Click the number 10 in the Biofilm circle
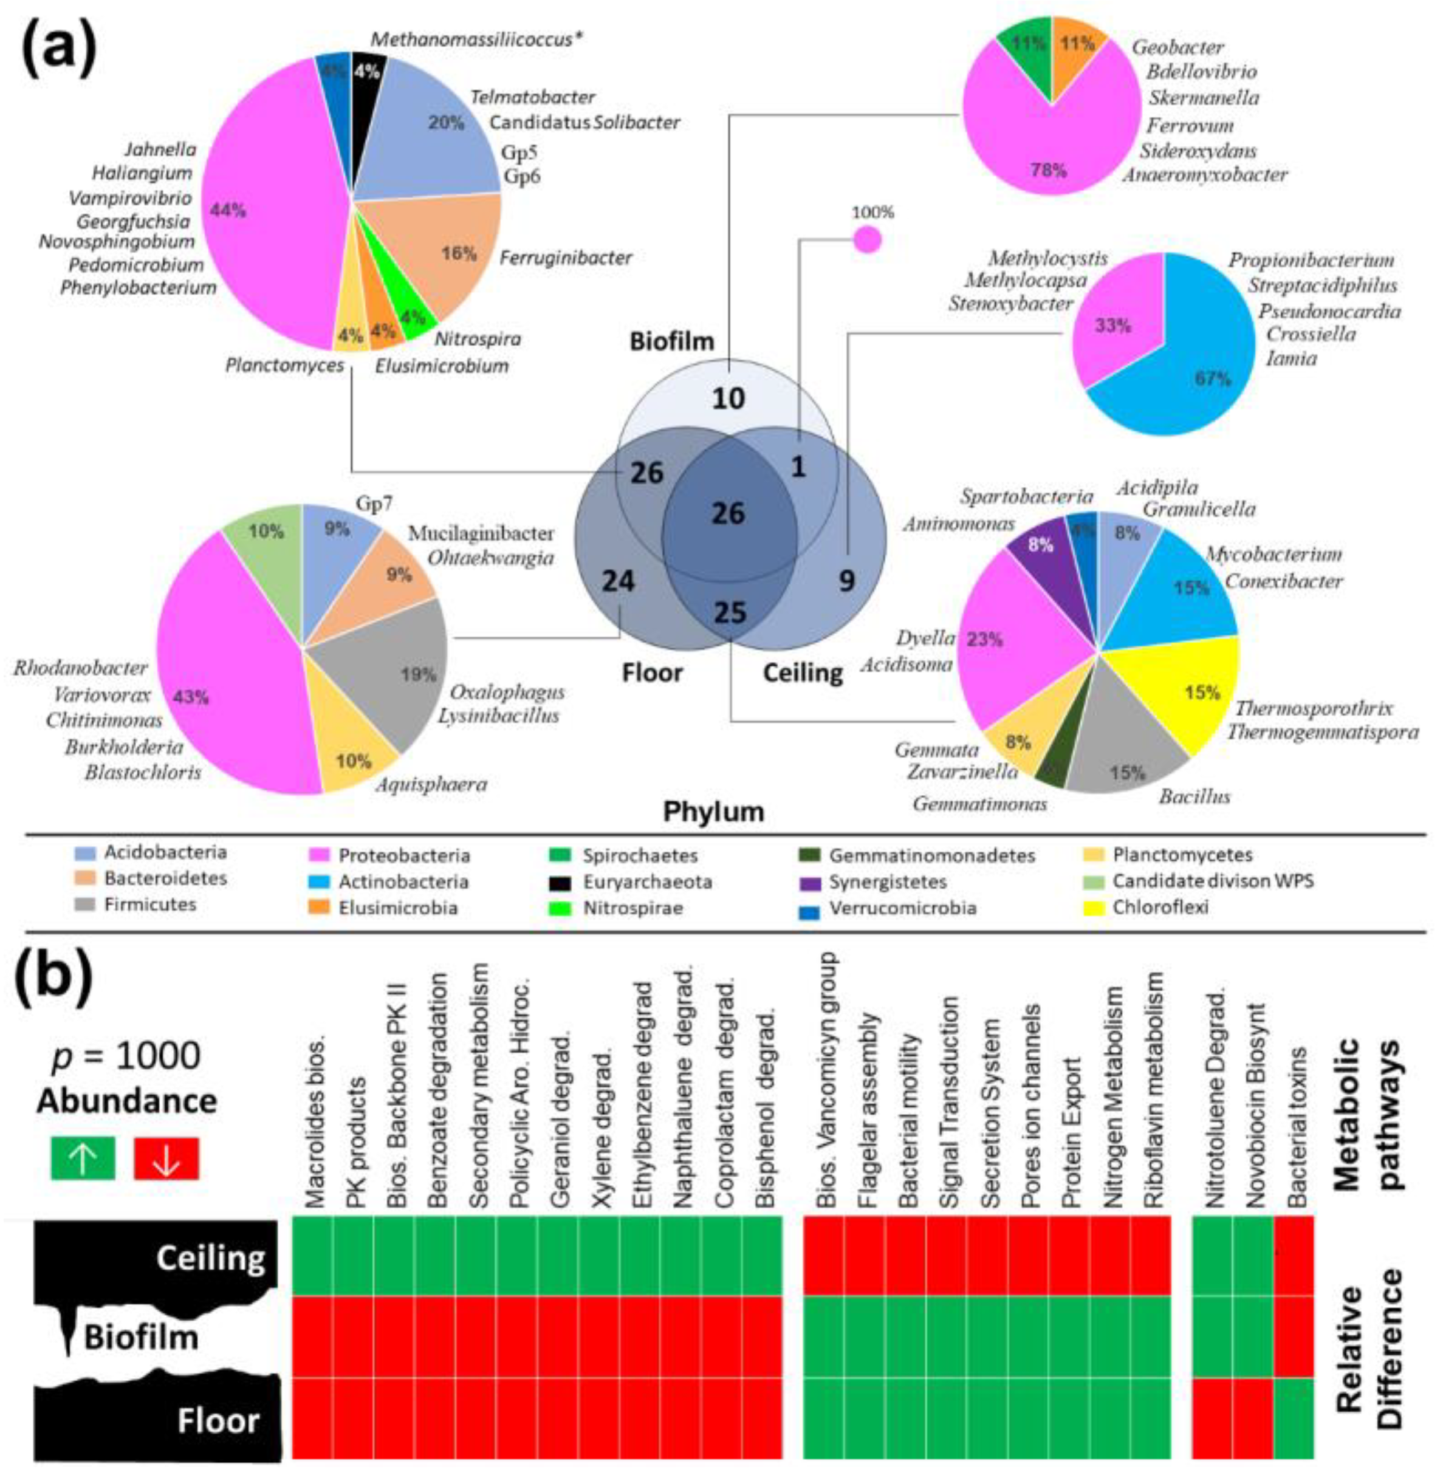click(728, 399)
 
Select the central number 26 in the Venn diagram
click(728, 514)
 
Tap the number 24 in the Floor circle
click(619, 582)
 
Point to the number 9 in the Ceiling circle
click(846, 581)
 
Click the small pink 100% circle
click(868, 239)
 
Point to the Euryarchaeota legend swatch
click(564, 882)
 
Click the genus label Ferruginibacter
click(566, 258)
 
